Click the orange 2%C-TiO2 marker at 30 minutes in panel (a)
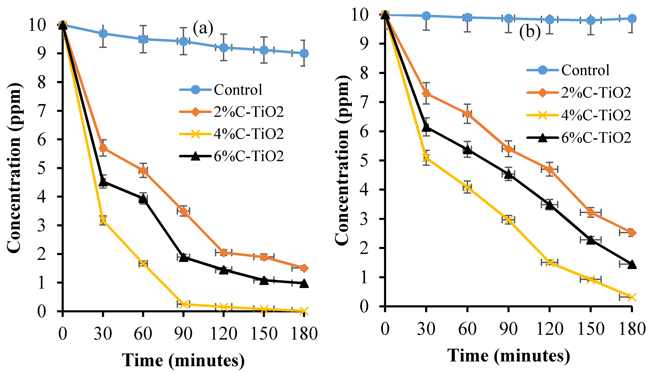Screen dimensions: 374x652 point(103,148)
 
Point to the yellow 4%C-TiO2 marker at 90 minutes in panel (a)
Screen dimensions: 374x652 point(183,304)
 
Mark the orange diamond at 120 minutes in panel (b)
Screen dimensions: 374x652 point(549,169)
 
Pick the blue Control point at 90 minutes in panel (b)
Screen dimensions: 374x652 point(508,18)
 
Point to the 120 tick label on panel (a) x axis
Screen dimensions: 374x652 point(223,334)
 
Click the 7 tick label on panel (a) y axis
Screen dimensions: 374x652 point(42,111)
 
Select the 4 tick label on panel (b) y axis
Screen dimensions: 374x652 point(364,190)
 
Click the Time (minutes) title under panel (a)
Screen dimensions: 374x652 point(183,360)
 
